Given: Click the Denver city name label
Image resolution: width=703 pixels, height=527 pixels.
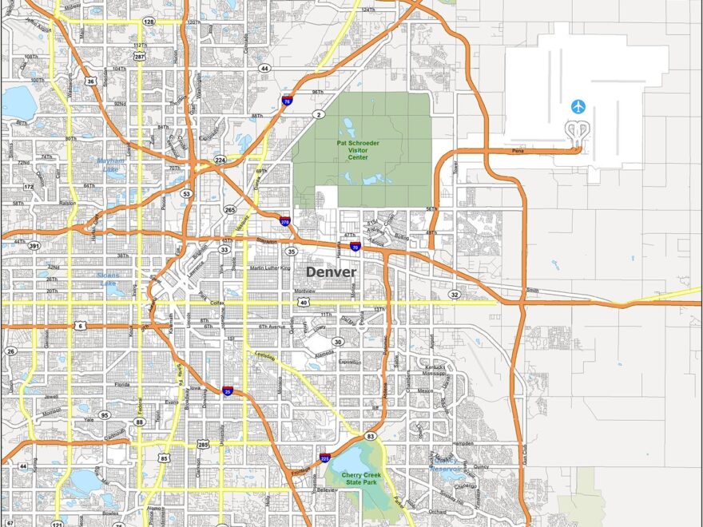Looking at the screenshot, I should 331,272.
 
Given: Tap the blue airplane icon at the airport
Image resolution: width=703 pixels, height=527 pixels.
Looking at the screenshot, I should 578,106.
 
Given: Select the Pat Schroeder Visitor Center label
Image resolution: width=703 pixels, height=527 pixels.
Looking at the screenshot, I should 357,149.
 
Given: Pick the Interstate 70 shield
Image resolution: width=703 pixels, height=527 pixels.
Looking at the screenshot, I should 355,248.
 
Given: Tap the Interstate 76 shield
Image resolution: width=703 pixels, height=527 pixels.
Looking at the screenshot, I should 287,101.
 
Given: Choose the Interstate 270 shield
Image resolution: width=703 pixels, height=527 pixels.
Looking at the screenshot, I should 284,222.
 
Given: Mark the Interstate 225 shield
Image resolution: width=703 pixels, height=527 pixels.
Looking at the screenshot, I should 324,458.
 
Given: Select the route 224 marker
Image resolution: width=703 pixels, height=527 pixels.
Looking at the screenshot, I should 220,160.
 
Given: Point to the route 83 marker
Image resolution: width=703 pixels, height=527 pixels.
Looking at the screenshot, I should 370,436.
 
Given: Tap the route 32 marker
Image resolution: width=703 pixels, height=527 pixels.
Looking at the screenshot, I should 454,294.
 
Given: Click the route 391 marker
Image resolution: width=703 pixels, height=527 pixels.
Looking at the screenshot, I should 34,247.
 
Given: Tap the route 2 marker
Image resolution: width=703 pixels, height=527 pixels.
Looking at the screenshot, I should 320,115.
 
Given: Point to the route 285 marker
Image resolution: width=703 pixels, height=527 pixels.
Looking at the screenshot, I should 203,444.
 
